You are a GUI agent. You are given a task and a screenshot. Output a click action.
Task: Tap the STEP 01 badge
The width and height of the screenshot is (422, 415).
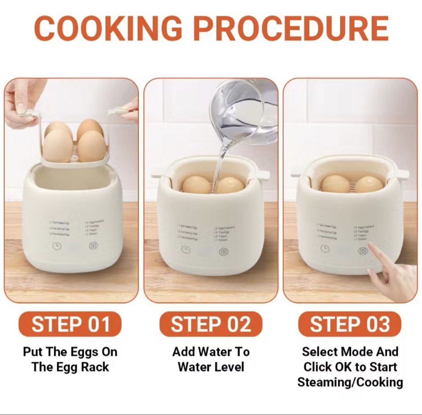tap(70, 324)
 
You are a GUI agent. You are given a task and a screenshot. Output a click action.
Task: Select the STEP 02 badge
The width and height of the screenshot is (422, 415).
tap(211, 324)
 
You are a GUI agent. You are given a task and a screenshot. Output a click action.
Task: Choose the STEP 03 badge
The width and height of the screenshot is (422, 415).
tap(350, 324)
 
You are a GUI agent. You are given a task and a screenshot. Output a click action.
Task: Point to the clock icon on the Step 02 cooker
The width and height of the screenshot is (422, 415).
tap(186, 249)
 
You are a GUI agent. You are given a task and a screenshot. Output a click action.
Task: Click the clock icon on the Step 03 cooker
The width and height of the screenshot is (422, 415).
tap(325, 248)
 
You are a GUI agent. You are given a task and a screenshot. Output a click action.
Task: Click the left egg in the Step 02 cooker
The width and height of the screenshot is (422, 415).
tap(197, 184)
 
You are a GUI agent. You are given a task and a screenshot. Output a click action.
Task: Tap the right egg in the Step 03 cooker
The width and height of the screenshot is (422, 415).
tap(368, 184)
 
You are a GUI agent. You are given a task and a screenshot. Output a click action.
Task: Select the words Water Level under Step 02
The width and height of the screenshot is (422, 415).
tap(211, 367)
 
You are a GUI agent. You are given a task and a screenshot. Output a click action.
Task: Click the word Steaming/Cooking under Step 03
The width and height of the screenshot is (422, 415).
tap(350, 382)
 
